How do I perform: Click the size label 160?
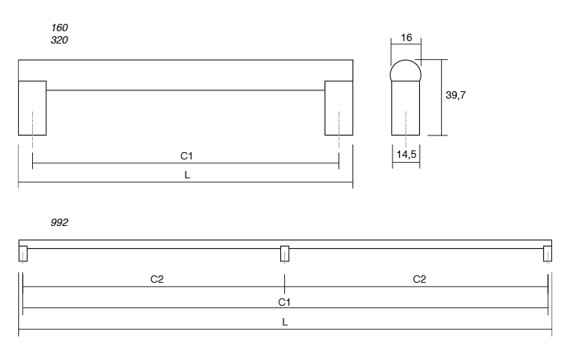[59, 27]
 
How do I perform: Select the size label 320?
[59, 39]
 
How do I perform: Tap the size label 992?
[59, 222]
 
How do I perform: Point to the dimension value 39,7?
[457, 95]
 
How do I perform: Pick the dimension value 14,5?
[406, 154]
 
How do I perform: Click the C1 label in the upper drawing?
[186, 155]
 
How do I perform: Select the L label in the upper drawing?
[186, 175]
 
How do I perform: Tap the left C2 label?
[157, 279]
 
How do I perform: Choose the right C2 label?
[419, 279]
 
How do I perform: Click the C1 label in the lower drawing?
[284, 301]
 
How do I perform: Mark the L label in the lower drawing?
[284, 322]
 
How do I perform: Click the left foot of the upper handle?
[32, 108]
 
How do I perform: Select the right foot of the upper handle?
[338, 108]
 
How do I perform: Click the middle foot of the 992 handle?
[284, 254]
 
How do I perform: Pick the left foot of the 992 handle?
[23, 254]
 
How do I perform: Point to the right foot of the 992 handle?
[547, 254]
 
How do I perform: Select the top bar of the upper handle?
[186, 71]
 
